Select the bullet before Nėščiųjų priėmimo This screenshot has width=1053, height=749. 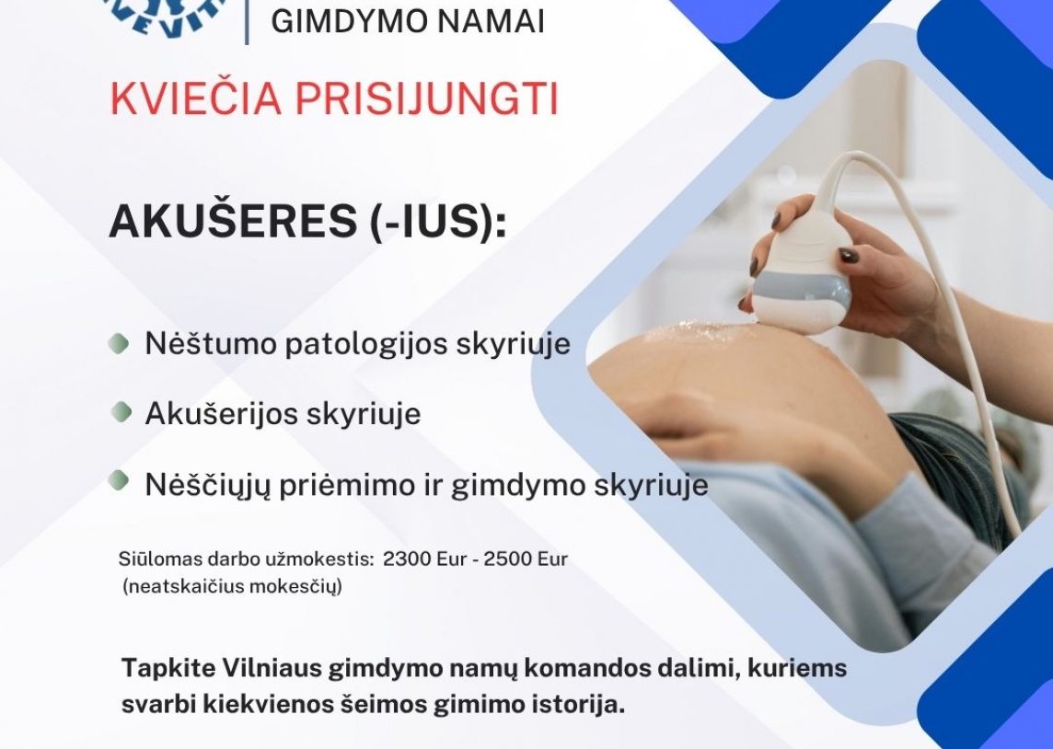click(x=119, y=481)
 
